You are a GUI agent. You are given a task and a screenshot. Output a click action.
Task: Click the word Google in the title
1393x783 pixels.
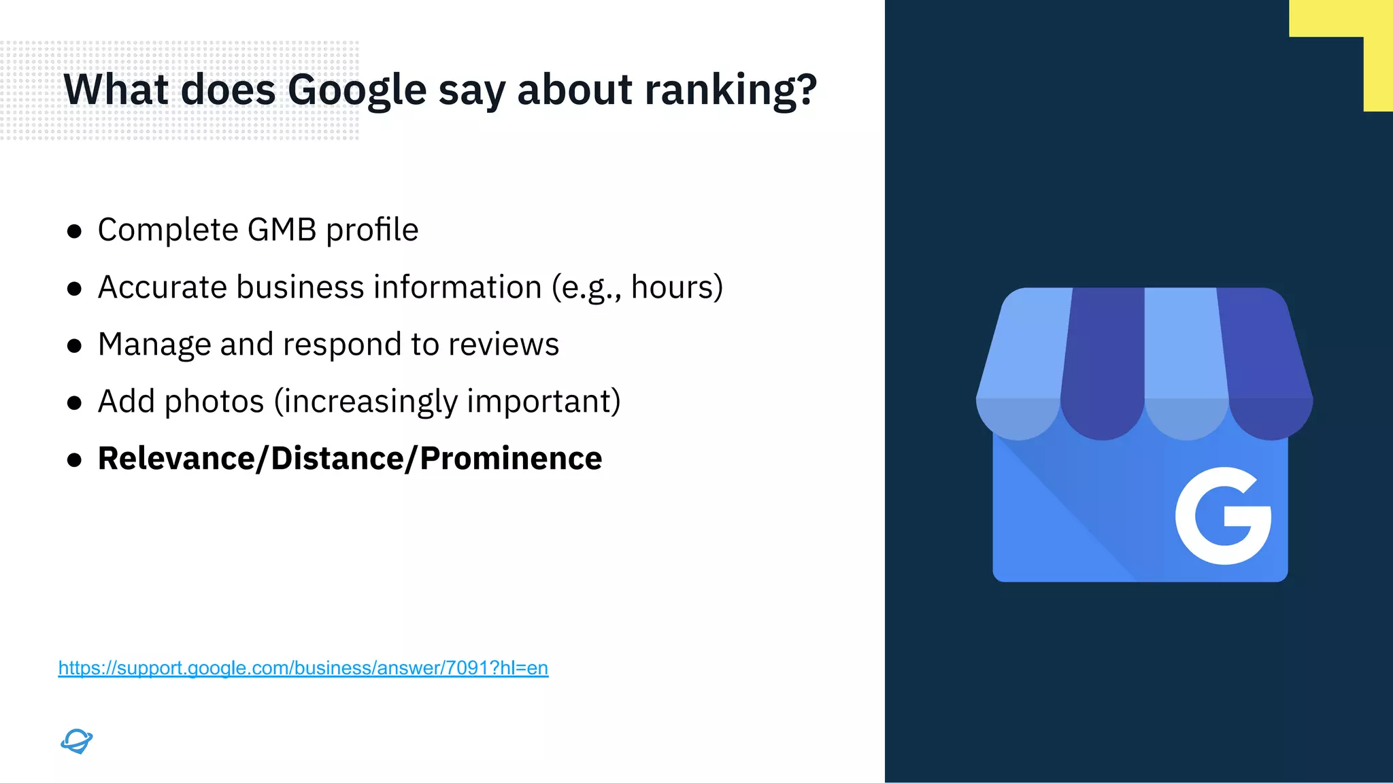pyautogui.click(x=356, y=90)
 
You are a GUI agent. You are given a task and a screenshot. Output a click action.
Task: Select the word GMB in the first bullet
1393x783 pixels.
pyautogui.click(x=282, y=230)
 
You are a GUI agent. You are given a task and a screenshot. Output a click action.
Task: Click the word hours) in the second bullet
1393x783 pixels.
pyautogui.click(x=677, y=287)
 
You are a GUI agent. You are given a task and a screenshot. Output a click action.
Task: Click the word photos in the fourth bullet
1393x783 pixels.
pyautogui.click(x=214, y=402)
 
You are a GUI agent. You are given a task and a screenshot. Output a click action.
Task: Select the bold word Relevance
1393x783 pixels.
pyautogui.click(x=176, y=459)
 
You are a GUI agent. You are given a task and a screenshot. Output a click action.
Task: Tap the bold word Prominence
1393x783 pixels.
pyautogui.click(x=511, y=459)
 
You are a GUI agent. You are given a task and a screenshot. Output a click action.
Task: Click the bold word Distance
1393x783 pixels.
pyautogui.click(x=337, y=459)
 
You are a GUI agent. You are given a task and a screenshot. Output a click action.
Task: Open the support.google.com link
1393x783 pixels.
pyautogui.click(x=303, y=668)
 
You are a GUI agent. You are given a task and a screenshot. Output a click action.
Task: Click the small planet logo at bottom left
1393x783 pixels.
pyautogui.click(x=76, y=741)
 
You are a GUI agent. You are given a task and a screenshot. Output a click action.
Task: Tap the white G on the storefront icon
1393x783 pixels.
pyautogui.click(x=1223, y=516)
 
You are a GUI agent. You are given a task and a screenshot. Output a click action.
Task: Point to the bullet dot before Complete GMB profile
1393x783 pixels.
pyautogui.click(x=75, y=232)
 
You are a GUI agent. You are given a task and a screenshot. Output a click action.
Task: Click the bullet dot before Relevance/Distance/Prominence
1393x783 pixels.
pyautogui.click(x=75, y=460)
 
